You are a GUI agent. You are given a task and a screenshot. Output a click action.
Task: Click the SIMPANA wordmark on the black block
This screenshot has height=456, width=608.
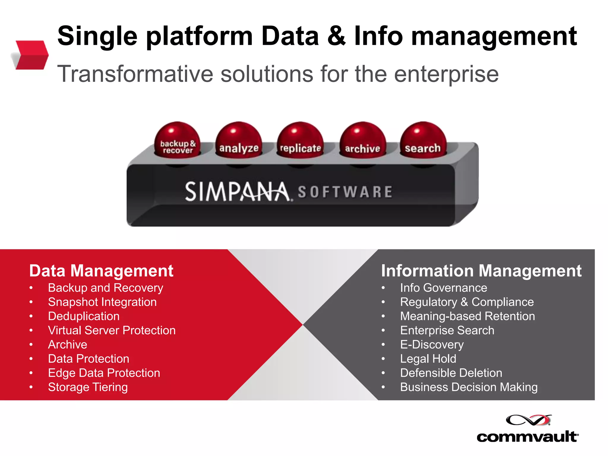pos(237,192)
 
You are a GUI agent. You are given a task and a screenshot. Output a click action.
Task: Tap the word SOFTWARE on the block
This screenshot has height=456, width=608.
pos(345,192)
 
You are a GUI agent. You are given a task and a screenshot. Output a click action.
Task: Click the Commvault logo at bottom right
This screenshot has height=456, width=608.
pos(528,429)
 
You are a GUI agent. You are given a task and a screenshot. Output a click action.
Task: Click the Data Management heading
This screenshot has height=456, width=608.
pos(101,271)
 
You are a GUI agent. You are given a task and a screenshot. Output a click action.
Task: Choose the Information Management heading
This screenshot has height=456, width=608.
pos(481,271)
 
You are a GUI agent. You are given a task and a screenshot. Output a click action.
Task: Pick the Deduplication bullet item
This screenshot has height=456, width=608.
pos(84,316)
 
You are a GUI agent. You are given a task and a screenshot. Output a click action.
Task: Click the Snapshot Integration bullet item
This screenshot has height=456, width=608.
pos(102,302)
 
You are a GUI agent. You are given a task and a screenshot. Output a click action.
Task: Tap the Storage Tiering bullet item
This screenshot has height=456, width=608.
pos(88,387)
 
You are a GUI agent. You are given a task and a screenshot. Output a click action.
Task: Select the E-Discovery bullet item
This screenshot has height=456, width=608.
pos(432,345)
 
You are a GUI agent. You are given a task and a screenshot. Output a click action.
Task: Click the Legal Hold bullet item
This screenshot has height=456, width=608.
pos(428,359)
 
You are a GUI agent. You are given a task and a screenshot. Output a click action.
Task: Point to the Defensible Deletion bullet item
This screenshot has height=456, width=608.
pos(451,373)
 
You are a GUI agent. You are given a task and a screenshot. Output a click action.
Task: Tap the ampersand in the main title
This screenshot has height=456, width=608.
pos(336,36)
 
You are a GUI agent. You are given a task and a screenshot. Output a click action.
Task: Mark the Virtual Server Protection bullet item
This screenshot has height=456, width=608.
pos(112,330)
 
